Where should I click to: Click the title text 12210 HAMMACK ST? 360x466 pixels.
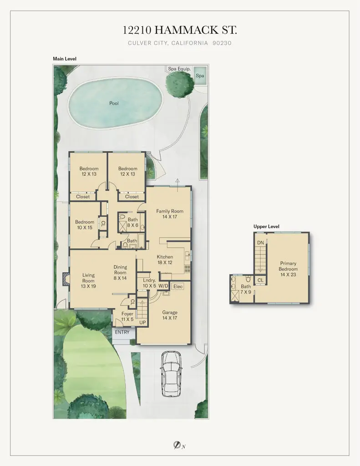click(x=180, y=30)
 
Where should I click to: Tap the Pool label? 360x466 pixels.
click(x=114, y=103)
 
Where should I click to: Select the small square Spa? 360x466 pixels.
click(x=200, y=76)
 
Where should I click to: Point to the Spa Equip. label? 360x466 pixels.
click(x=179, y=69)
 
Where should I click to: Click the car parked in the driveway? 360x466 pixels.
click(x=170, y=375)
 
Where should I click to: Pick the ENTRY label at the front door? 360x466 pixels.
click(x=122, y=332)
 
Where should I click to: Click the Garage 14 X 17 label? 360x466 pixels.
click(x=170, y=315)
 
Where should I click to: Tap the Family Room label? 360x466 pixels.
click(x=170, y=214)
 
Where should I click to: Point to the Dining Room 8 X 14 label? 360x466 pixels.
click(x=120, y=273)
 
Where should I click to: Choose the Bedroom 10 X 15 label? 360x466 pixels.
click(x=85, y=225)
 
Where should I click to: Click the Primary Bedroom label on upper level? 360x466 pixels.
click(x=288, y=269)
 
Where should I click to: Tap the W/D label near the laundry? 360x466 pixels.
click(x=163, y=286)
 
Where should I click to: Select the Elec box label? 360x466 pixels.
click(x=178, y=287)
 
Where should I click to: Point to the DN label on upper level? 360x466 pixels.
click(x=260, y=243)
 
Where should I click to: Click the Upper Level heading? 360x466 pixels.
click(x=266, y=226)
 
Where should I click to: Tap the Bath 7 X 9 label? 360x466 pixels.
click(x=246, y=289)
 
